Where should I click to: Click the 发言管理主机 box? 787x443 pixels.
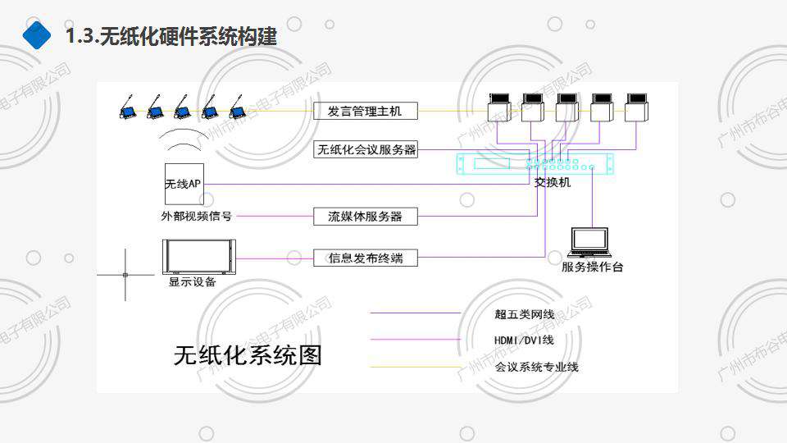click(x=365, y=112)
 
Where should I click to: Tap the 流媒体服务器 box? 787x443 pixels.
click(x=365, y=217)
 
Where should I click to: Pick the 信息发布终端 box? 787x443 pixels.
click(x=365, y=258)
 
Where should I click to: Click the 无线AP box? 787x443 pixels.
click(x=183, y=185)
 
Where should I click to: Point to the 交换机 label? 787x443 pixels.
click(x=552, y=183)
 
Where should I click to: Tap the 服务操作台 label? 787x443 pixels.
click(x=592, y=267)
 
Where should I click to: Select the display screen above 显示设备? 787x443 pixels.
click(x=199, y=257)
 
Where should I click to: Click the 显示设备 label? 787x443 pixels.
click(x=193, y=282)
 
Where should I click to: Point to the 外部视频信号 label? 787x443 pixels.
click(x=197, y=217)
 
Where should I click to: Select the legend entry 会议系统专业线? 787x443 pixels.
click(x=537, y=367)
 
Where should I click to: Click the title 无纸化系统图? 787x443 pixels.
click(x=248, y=355)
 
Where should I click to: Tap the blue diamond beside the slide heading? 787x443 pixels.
click(x=37, y=36)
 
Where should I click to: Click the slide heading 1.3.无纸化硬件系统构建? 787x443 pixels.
click(x=171, y=36)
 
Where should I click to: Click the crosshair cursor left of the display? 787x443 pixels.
click(x=125, y=274)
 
